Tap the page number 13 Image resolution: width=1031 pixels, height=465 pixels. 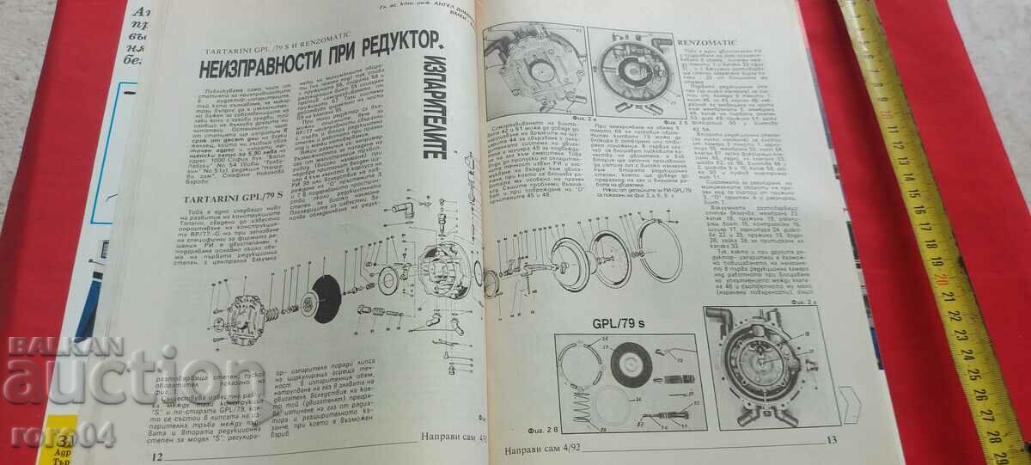[x=830, y=441]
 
